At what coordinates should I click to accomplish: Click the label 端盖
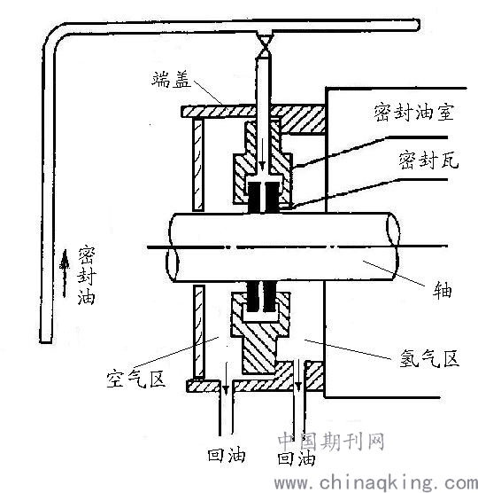(172, 80)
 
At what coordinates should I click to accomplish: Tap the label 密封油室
(413, 113)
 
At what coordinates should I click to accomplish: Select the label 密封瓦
(428, 160)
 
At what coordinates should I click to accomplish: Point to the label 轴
(443, 290)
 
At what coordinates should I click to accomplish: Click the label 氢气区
(429, 358)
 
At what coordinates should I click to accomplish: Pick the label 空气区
(136, 379)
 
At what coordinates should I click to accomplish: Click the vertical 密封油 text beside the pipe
(87, 276)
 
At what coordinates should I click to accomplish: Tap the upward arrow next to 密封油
(65, 273)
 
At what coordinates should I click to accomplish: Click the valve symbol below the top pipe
(266, 44)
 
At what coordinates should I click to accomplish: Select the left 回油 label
(227, 455)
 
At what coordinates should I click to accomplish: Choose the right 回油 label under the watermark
(297, 458)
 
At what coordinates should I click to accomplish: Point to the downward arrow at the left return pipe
(226, 379)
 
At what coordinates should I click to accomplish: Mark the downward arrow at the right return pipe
(297, 375)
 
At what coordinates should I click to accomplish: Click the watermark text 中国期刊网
(331, 441)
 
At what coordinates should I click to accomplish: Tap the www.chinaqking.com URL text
(375, 482)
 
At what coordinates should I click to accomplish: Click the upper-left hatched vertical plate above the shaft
(198, 164)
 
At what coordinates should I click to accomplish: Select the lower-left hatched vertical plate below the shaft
(199, 332)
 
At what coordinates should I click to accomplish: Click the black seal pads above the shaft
(264, 198)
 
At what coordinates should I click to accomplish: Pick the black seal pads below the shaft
(261, 296)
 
